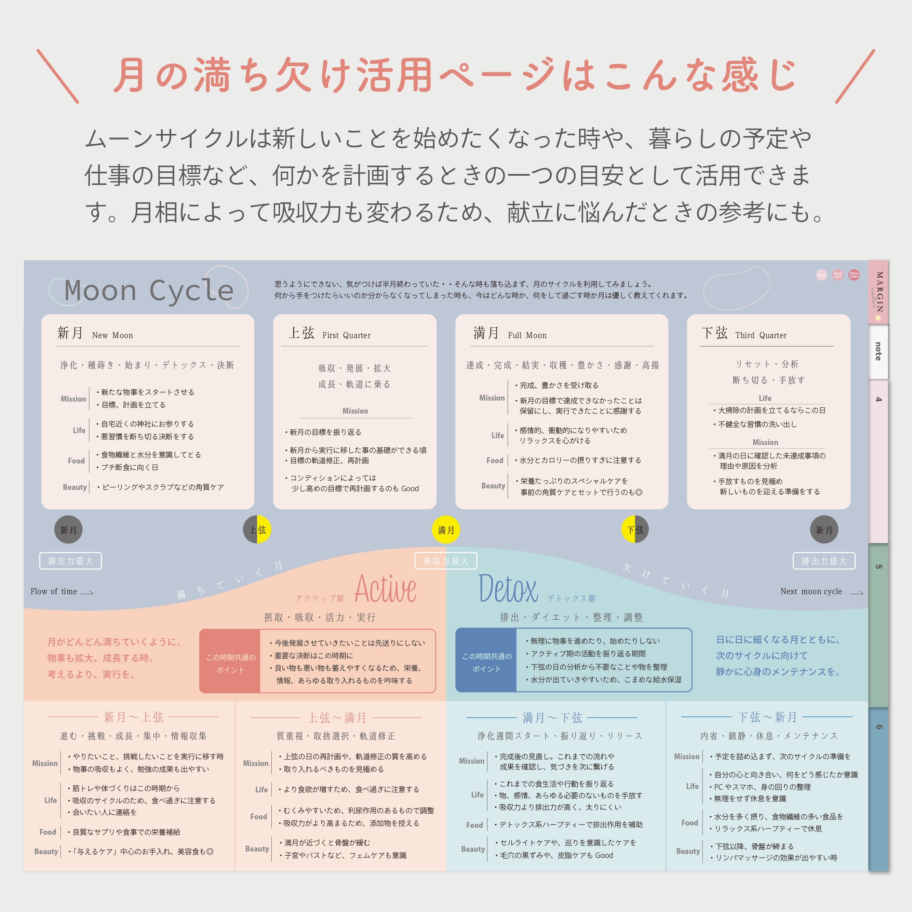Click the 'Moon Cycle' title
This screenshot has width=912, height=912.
point(149,290)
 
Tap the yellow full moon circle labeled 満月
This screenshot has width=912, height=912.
point(446,529)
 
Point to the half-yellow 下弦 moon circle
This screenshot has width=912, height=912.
point(635,529)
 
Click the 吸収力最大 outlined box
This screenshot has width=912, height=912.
point(446,561)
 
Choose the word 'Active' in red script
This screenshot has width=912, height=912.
point(385,589)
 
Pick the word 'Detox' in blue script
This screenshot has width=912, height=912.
point(508,589)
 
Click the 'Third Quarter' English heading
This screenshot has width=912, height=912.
point(761,335)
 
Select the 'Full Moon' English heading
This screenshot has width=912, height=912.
point(527,335)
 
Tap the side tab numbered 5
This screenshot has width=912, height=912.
point(878,566)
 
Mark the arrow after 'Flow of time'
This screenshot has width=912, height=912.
point(87,592)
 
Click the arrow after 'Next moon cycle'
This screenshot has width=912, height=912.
point(857,592)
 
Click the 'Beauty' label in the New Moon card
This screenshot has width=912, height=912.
point(75,487)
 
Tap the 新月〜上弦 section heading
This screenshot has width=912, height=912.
point(134,717)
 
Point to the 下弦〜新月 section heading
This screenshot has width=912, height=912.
point(767,717)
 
